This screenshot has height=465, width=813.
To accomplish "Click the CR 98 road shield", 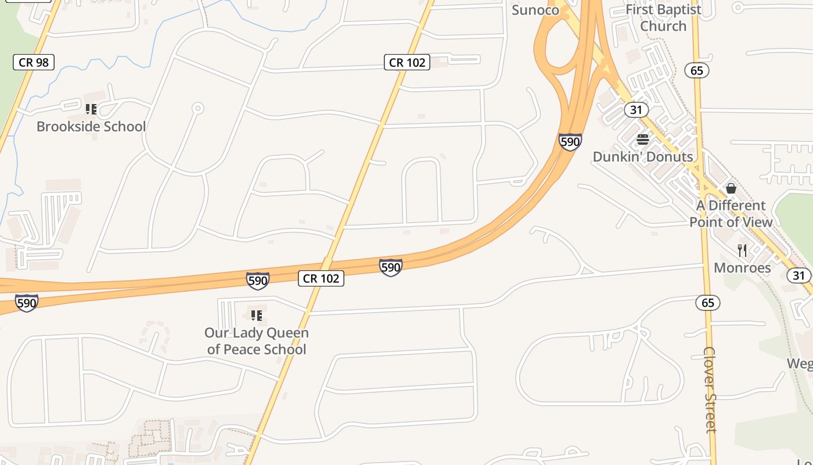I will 34,62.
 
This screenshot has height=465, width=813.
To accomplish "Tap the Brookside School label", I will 91,126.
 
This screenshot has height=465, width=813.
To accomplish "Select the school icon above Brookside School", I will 91,109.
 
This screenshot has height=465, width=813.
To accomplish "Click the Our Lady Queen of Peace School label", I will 256,341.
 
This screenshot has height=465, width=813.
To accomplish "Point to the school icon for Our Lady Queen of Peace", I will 256,316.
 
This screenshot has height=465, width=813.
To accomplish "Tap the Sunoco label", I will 535,9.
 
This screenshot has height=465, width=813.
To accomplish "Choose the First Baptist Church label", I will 663,17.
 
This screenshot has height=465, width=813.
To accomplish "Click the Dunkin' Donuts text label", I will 643,156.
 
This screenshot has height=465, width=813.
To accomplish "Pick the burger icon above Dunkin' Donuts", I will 643,139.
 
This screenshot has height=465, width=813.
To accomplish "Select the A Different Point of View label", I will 731,213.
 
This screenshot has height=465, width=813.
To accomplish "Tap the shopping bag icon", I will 731,188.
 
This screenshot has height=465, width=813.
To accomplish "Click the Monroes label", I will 742,267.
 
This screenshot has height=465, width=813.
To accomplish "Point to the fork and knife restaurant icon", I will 742,251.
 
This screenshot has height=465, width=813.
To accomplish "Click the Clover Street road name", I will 710,389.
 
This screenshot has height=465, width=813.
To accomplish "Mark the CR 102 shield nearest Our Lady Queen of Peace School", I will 321,278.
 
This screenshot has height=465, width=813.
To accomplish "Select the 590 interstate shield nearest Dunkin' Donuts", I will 570,142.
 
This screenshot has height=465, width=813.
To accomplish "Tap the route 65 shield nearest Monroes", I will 708,303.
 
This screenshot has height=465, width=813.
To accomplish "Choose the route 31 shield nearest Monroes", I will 799,275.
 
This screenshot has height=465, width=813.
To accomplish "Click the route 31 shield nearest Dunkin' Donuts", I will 636,109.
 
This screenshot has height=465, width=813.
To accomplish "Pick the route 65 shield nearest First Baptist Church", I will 697,70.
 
